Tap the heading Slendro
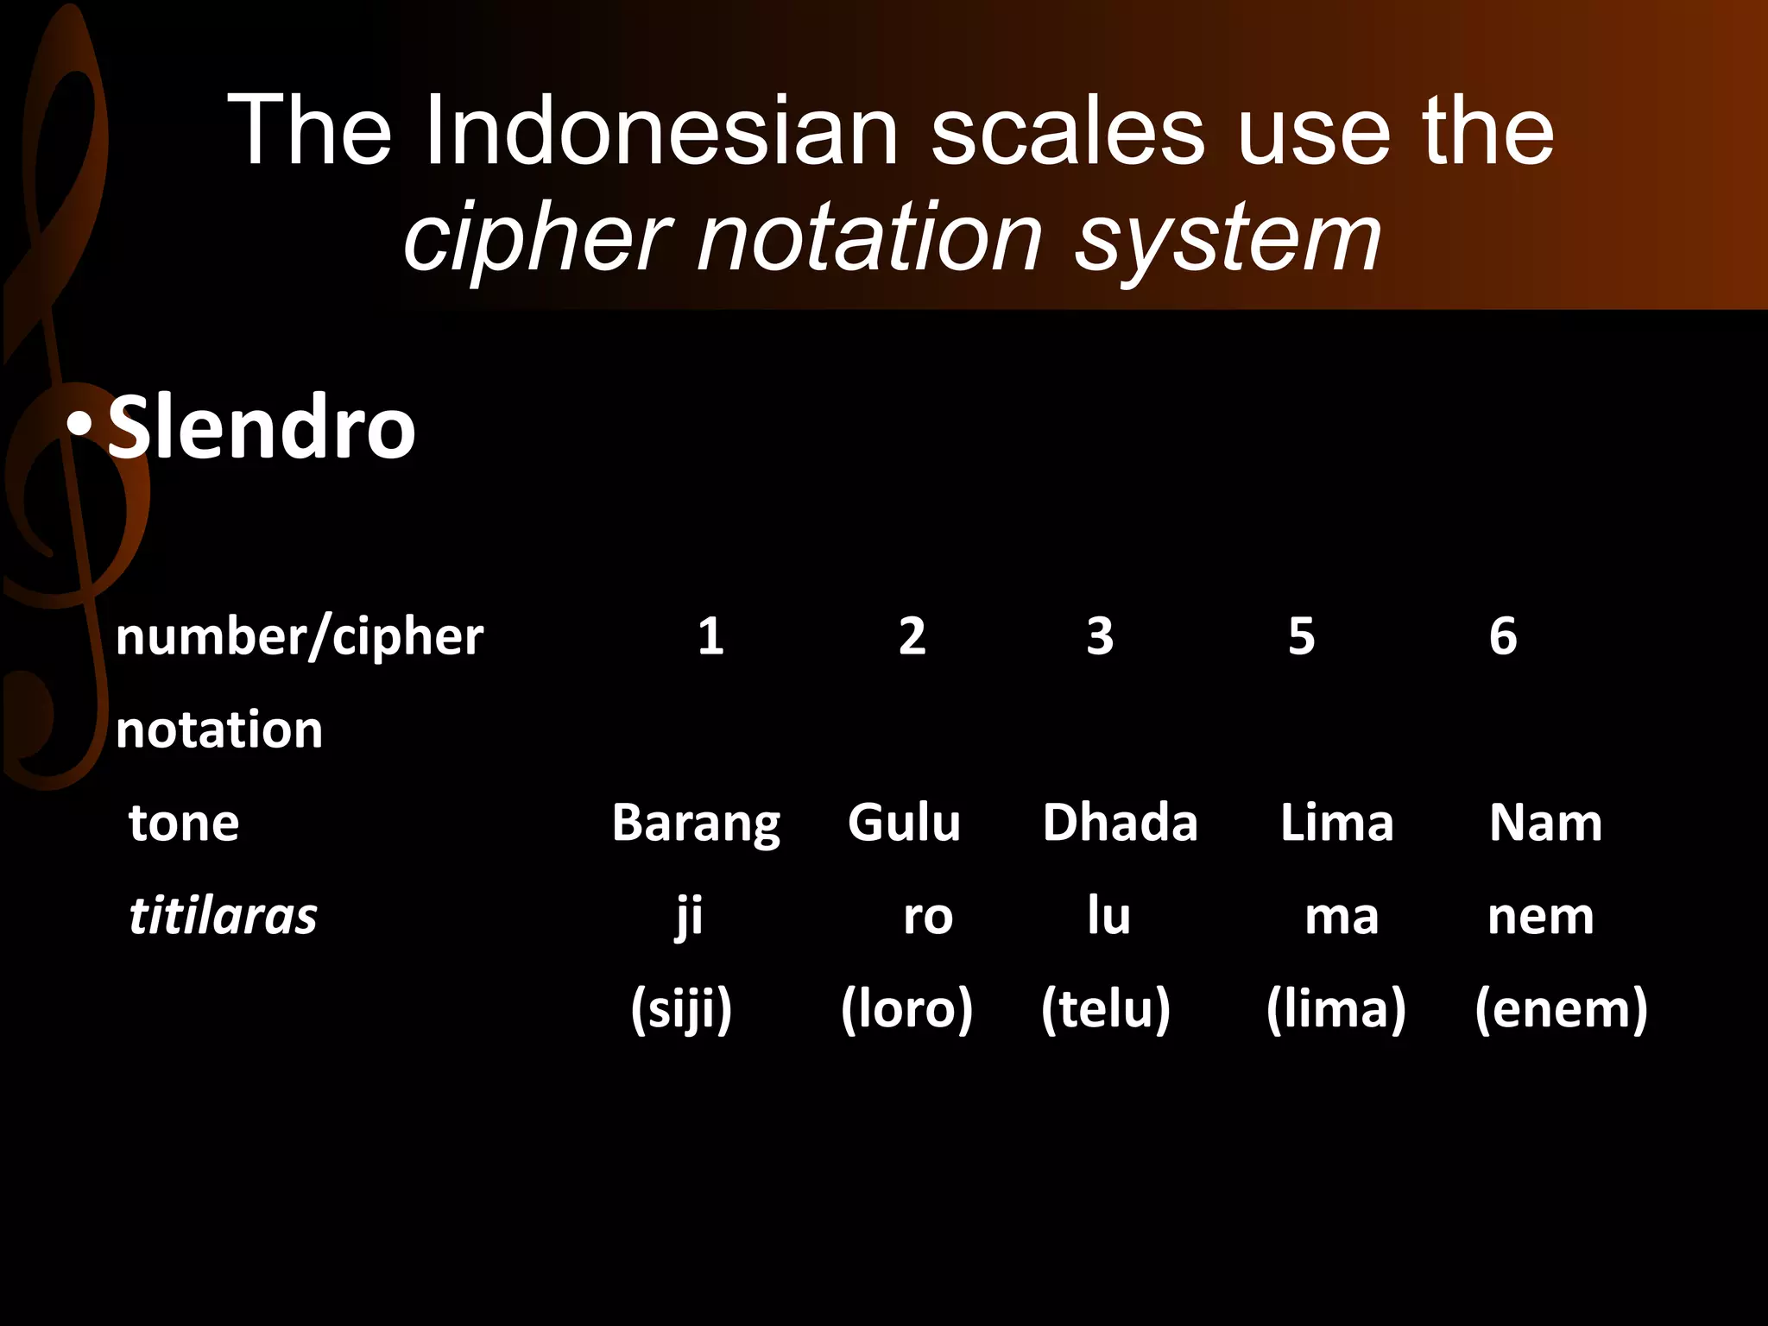[261, 427]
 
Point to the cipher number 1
[710, 637]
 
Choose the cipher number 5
[1301, 637]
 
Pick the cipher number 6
[1503, 637]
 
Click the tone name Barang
[696, 823]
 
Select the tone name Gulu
[904, 823]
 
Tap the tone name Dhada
[1120, 823]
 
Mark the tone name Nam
[1545, 823]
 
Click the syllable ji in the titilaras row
[689, 917]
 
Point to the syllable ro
[928, 917]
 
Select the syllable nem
[1540, 917]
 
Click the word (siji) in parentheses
[681, 1009]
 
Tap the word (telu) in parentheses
[1106, 1009]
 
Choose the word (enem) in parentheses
[1561, 1009]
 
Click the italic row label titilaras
[223, 917]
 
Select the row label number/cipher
[300, 637]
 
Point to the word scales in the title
[1067, 132]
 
